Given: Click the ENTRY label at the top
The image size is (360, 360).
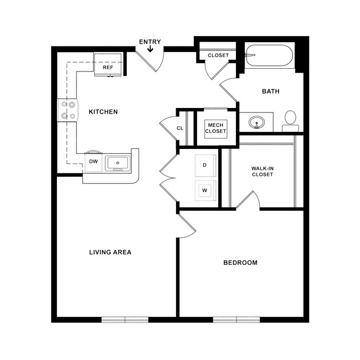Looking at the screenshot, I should (150, 42).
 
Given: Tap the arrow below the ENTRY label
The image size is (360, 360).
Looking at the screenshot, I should (150, 50).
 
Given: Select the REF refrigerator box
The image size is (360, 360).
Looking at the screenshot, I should (108, 65).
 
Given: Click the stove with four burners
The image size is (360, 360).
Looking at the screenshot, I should (68, 110).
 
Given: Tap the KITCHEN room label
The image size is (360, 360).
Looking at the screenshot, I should (103, 112).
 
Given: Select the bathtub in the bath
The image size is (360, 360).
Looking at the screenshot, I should (270, 56).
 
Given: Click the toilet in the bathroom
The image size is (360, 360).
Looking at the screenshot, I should (290, 120).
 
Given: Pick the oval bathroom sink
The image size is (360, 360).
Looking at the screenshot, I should (257, 122).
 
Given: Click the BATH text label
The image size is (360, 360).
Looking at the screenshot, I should (270, 91).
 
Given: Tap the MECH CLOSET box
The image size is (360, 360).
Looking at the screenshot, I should (215, 128).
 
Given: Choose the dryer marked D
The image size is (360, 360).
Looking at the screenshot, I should (204, 165).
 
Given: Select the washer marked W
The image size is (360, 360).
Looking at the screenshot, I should (204, 190).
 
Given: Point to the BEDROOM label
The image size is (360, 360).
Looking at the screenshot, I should (240, 263).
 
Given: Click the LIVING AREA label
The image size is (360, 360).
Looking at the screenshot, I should (110, 252).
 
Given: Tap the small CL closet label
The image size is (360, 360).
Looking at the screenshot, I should (180, 128).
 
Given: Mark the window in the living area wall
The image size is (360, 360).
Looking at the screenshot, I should (125, 320).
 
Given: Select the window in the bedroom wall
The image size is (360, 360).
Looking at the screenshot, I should (236, 320).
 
